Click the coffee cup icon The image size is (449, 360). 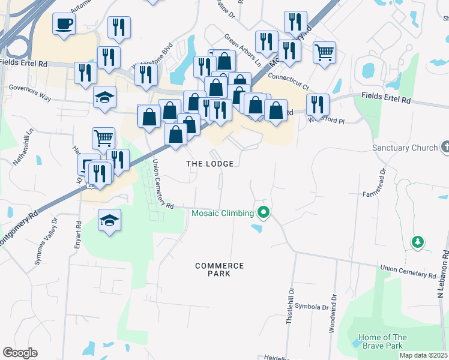tap(64, 24)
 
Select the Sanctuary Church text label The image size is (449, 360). tap(405, 148)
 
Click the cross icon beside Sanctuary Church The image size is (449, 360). tap(445, 146)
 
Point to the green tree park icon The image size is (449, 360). tap(417, 242)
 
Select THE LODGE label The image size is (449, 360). tap(209, 163)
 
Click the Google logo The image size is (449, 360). tap(20, 353)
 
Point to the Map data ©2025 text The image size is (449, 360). tap(423, 355)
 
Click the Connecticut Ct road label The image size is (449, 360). tap(288, 77)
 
